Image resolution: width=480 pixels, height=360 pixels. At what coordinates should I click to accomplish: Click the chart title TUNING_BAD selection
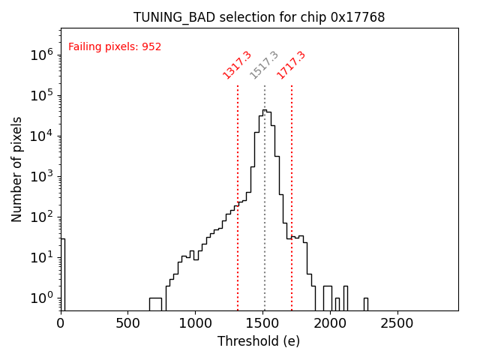[259, 17]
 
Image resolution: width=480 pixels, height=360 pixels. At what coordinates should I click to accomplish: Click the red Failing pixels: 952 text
[115, 47]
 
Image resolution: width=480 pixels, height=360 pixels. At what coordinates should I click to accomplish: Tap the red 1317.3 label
[237, 65]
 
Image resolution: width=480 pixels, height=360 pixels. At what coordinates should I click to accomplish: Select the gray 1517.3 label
[264, 65]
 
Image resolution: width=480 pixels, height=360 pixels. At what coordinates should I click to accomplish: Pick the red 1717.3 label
[291, 65]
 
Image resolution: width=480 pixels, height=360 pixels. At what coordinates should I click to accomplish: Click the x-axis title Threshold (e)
[259, 341]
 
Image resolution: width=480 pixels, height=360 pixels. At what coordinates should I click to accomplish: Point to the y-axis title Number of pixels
[17, 169]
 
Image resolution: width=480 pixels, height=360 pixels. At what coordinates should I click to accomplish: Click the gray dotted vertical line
[265, 225]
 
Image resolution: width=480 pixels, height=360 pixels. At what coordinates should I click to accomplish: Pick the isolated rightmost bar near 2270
[366, 304]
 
